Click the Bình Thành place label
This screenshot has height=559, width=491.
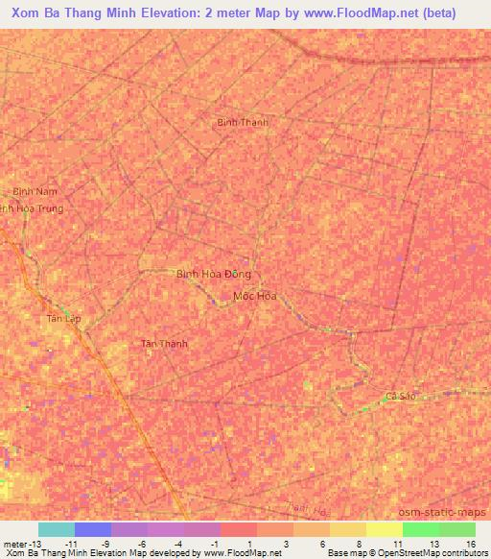pos(242,122)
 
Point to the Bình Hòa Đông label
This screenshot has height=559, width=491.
pos(213,274)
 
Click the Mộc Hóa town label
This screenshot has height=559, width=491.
pos(255,296)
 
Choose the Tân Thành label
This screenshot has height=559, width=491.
pos(164,344)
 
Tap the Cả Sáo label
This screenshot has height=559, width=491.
pos(400,397)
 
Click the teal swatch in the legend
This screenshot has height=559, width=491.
pos(57,529)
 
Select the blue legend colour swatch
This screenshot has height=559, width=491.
pos(93,529)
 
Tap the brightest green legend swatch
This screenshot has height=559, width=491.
pos(420,529)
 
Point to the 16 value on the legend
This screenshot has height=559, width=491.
pos(469,543)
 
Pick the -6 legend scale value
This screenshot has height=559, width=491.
pos(141,543)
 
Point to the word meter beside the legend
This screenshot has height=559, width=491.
pos(14,543)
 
